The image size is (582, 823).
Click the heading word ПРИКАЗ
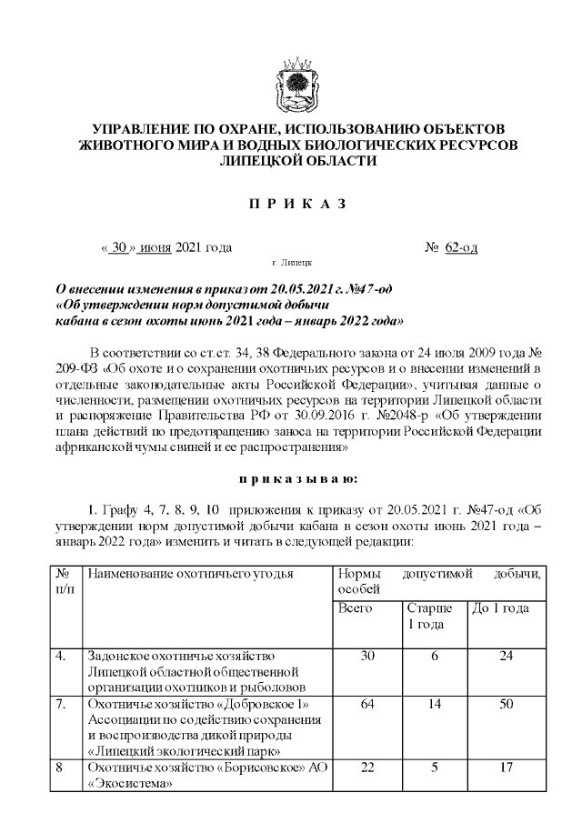click(x=297, y=203)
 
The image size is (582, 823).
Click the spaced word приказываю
click(x=297, y=477)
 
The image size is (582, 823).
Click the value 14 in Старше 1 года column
click(x=434, y=705)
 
